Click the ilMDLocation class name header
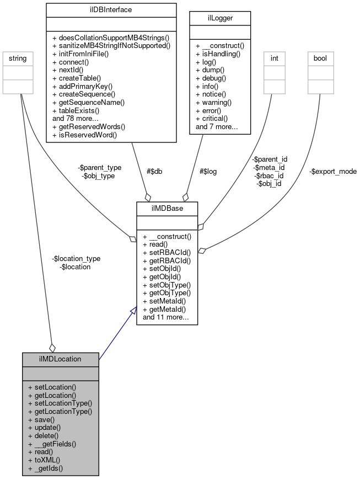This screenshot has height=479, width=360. (x=61, y=359)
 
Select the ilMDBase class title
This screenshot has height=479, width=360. (x=167, y=209)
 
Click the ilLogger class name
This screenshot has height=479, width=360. (x=221, y=18)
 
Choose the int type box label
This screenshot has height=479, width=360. (x=275, y=57)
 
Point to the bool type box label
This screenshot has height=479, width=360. (x=320, y=57)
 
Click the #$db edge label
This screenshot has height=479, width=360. (x=154, y=172)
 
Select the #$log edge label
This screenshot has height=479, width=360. (x=208, y=172)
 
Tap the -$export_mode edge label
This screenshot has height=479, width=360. (x=332, y=172)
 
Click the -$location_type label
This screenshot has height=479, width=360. (x=76, y=258)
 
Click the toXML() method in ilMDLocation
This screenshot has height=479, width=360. (x=44, y=460)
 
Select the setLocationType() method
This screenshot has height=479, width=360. (x=60, y=403)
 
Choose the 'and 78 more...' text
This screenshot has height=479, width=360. (x=76, y=118)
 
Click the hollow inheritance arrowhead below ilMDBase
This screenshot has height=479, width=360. (x=132, y=312)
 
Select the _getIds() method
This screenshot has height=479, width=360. (x=46, y=468)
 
